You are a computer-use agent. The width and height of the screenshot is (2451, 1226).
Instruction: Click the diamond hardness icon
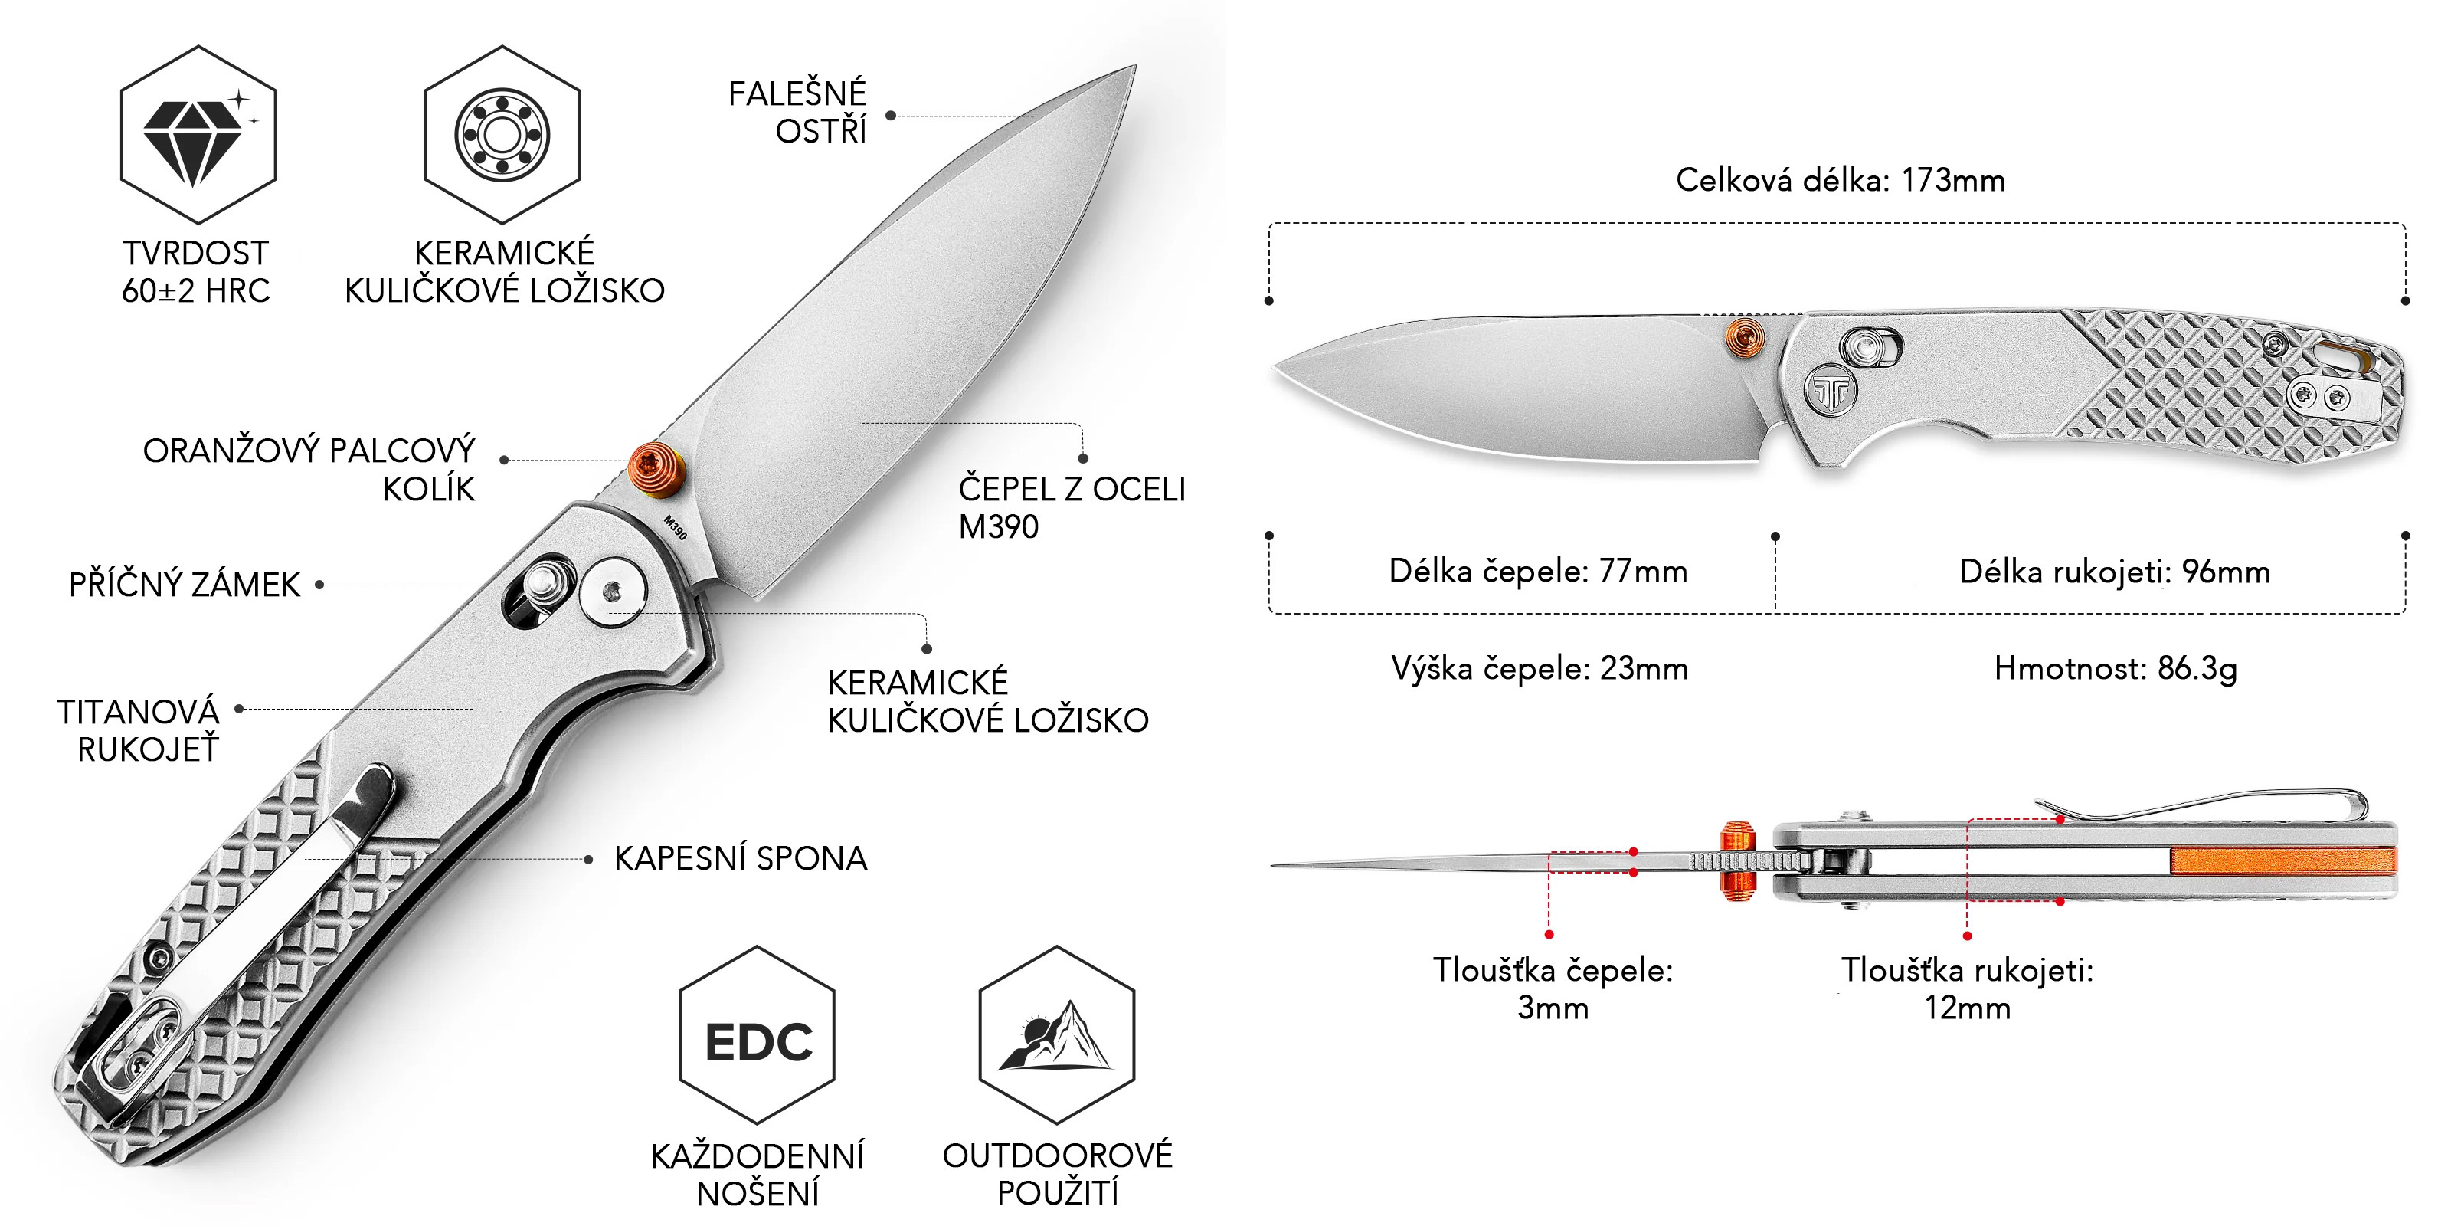[x=198, y=134]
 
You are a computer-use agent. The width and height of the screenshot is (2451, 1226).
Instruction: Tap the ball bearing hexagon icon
[x=502, y=134]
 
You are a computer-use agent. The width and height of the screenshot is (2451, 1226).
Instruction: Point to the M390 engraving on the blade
[x=675, y=527]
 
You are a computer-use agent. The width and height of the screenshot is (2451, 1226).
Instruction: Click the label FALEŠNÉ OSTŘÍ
[x=797, y=111]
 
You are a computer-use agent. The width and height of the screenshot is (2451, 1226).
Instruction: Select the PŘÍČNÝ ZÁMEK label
[x=185, y=585]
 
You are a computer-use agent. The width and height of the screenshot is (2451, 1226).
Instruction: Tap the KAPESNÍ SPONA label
[x=740, y=858]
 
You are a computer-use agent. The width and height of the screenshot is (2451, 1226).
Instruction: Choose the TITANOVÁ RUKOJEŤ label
[x=139, y=730]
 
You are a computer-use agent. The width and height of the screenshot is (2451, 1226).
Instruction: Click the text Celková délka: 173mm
[x=1840, y=180]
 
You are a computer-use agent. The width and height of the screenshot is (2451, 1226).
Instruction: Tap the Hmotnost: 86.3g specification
[x=2115, y=668]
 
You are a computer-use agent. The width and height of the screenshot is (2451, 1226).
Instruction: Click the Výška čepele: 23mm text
[x=1540, y=668]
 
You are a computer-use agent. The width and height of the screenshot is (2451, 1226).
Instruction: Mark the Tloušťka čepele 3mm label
[x=1553, y=988]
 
